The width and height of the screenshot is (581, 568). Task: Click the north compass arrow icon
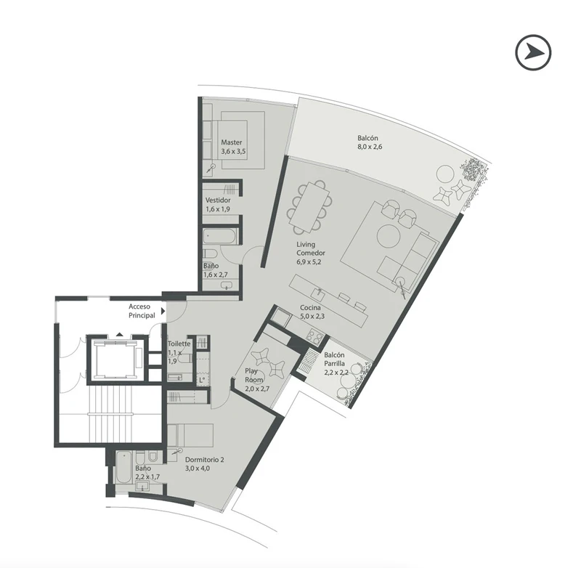(x=533, y=52)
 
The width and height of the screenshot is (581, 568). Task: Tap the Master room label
(x=232, y=142)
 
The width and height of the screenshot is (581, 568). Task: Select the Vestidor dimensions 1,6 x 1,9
(x=218, y=209)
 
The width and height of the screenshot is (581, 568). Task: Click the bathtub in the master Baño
(x=221, y=236)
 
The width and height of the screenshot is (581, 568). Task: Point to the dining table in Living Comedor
(x=309, y=207)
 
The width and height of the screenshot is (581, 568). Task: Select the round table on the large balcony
(x=445, y=174)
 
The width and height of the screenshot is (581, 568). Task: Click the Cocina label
(x=311, y=307)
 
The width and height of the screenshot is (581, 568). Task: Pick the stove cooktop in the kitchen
(x=315, y=336)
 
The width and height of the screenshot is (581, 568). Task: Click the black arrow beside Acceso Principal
(x=163, y=311)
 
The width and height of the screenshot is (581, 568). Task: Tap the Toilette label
(x=179, y=344)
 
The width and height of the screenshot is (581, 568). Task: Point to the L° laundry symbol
(x=202, y=380)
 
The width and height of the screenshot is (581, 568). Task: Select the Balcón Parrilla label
(x=334, y=360)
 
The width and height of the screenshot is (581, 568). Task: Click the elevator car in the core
(x=115, y=360)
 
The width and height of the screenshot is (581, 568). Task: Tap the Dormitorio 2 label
(x=205, y=460)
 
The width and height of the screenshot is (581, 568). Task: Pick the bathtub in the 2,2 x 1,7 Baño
(x=123, y=467)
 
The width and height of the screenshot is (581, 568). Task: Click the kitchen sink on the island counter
(x=318, y=293)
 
